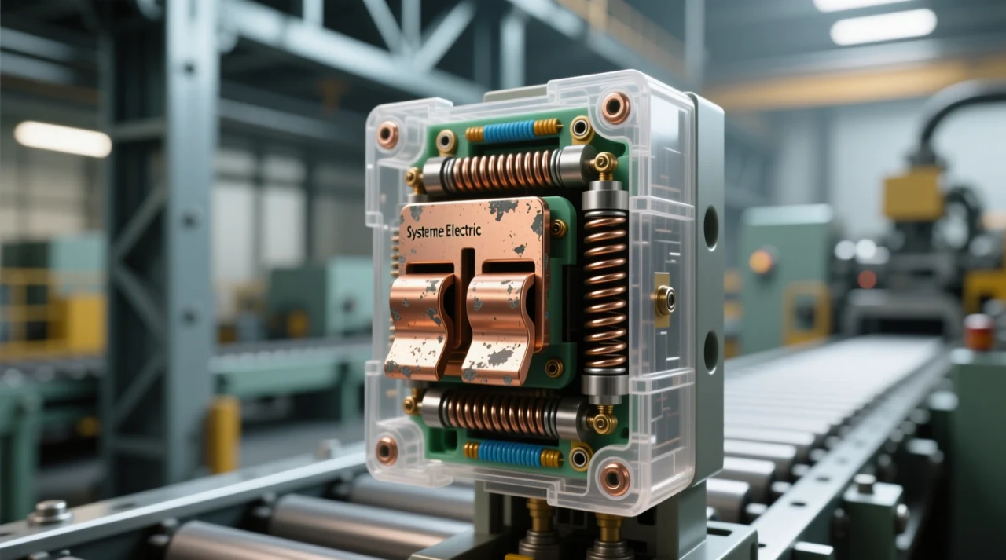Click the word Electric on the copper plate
[x=475, y=231]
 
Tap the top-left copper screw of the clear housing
[x=387, y=135]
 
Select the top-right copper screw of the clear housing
[x=615, y=108]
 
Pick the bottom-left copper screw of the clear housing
[x=386, y=451]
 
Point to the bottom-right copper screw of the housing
[x=615, y=478]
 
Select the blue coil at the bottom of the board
[x=511, y=454]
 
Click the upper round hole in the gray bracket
[x=710, y=228]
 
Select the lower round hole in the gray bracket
[x=710, y=351]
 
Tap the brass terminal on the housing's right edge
[x=664, y=299]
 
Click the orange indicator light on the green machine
[x=761, y=262]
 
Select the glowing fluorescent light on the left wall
[x=63, y=139]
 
